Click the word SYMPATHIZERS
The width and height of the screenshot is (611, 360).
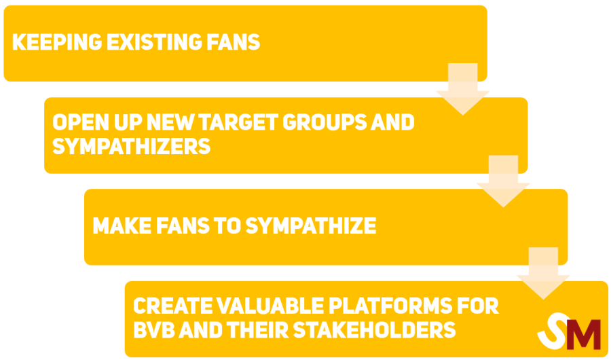[131, 146]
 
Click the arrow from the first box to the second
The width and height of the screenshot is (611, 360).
[462, 88]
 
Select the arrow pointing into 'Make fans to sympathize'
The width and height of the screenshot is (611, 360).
[503, 181]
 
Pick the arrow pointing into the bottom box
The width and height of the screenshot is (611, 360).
[543, 272]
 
